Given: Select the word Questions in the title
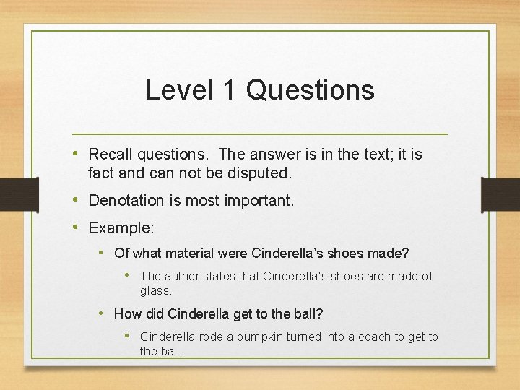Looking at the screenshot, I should tap(310, 90).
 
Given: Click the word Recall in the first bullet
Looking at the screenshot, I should tap(109, 155).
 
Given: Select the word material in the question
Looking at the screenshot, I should tap(190, 253).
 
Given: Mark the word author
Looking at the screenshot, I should tap(178, 277).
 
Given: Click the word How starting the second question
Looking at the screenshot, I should tap(126, 314).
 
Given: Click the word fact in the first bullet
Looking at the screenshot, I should tap(100, 173).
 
